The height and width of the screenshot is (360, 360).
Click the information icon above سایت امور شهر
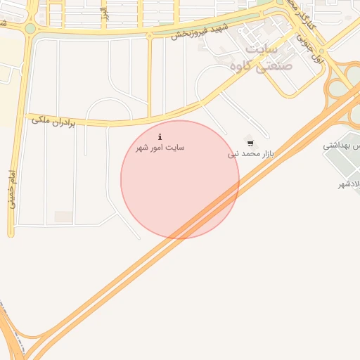click(160, 136)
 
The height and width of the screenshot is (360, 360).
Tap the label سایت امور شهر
click(160, 148)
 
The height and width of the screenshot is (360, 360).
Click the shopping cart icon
click(250, 143)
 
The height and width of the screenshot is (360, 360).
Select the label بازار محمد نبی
click(250, 153)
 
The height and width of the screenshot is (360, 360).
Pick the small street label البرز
click(104, 13)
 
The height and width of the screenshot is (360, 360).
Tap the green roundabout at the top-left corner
click(30, 29)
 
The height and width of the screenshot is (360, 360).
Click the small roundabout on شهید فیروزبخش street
click(149, 35)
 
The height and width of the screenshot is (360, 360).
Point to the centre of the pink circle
click(180, 179)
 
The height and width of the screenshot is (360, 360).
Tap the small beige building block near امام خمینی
click(64, 217)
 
